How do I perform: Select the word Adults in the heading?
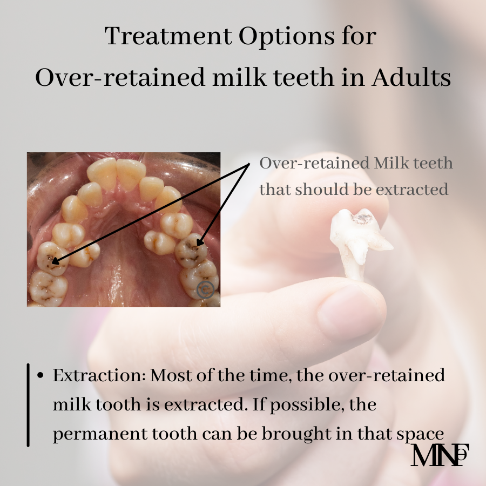coord(411,77)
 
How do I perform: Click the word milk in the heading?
coord(239,77)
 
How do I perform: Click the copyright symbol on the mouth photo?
coord(206,290)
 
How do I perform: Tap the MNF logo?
coord(440,455)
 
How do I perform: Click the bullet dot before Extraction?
coord(40,375)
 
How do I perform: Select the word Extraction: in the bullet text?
coord(99,375)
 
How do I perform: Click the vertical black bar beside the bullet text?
coord(28,405)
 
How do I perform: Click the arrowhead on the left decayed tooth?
coord(55,261)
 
